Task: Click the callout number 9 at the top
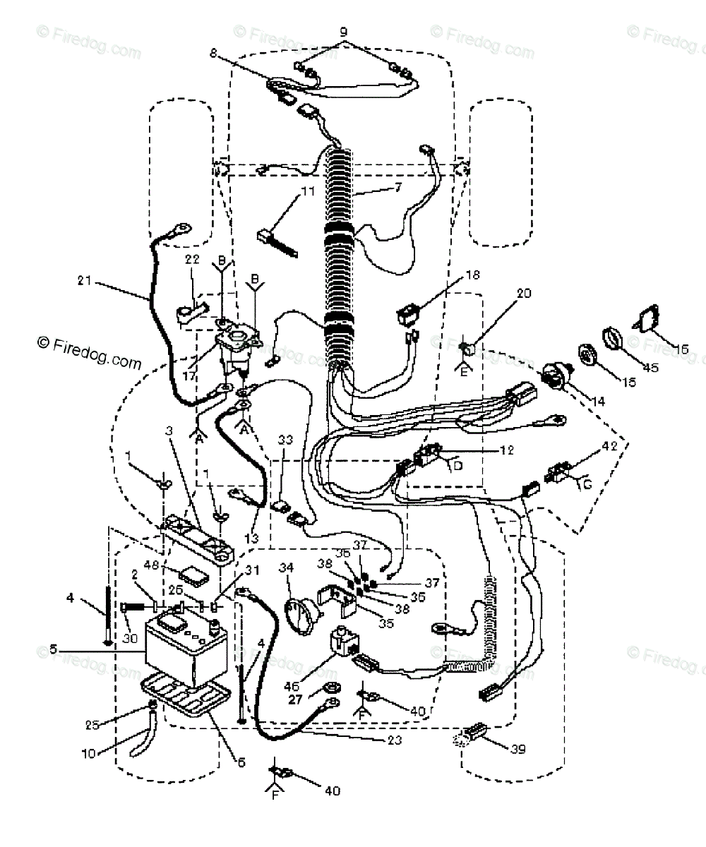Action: [x=344, y=32]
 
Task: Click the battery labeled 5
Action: [x=185, y=645]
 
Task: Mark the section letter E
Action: [x=463, y=372]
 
